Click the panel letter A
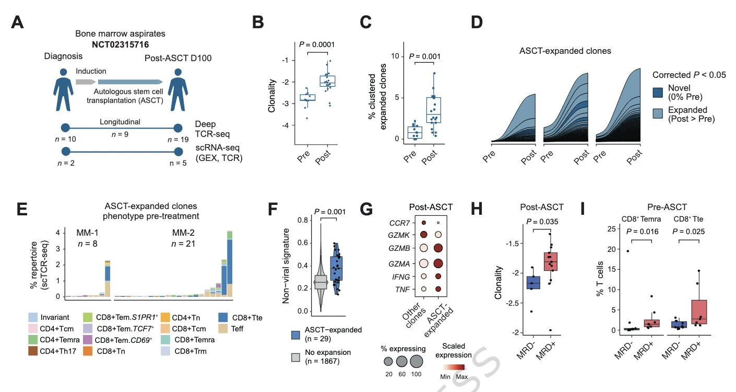click(x=18, y=23)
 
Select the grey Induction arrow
click(x=85, y=82)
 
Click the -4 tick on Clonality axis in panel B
click(x=285, y=126)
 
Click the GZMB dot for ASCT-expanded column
click(x=438, y=248)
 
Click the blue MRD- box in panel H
click(x=533, y=283)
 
